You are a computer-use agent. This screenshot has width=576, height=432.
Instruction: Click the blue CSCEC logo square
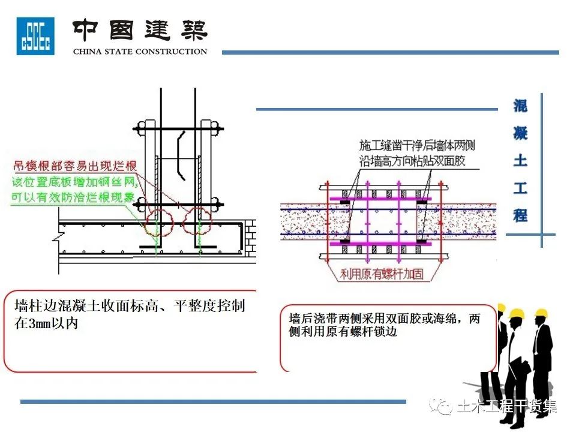(x=35, y=36)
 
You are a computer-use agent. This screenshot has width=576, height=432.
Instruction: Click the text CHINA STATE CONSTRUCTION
(x=140, y=52)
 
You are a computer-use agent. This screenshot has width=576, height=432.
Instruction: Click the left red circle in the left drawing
(x=158, y=222)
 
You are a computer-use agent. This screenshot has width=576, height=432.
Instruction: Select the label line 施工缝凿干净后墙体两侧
(x=418, y=146)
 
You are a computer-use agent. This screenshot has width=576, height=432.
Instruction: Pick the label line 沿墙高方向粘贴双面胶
(x=413, y=161)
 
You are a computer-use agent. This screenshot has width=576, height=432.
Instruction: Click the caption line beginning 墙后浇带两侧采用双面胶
(x=385, y=319)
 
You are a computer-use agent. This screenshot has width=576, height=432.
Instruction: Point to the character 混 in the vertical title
(x=520, y=106)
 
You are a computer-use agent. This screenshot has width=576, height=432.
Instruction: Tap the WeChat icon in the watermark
(x=445, y=407)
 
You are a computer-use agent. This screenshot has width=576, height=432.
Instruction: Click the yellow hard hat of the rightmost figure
(x=542, y=313)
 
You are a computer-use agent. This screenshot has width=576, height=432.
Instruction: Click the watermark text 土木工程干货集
(x=507, y=407)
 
